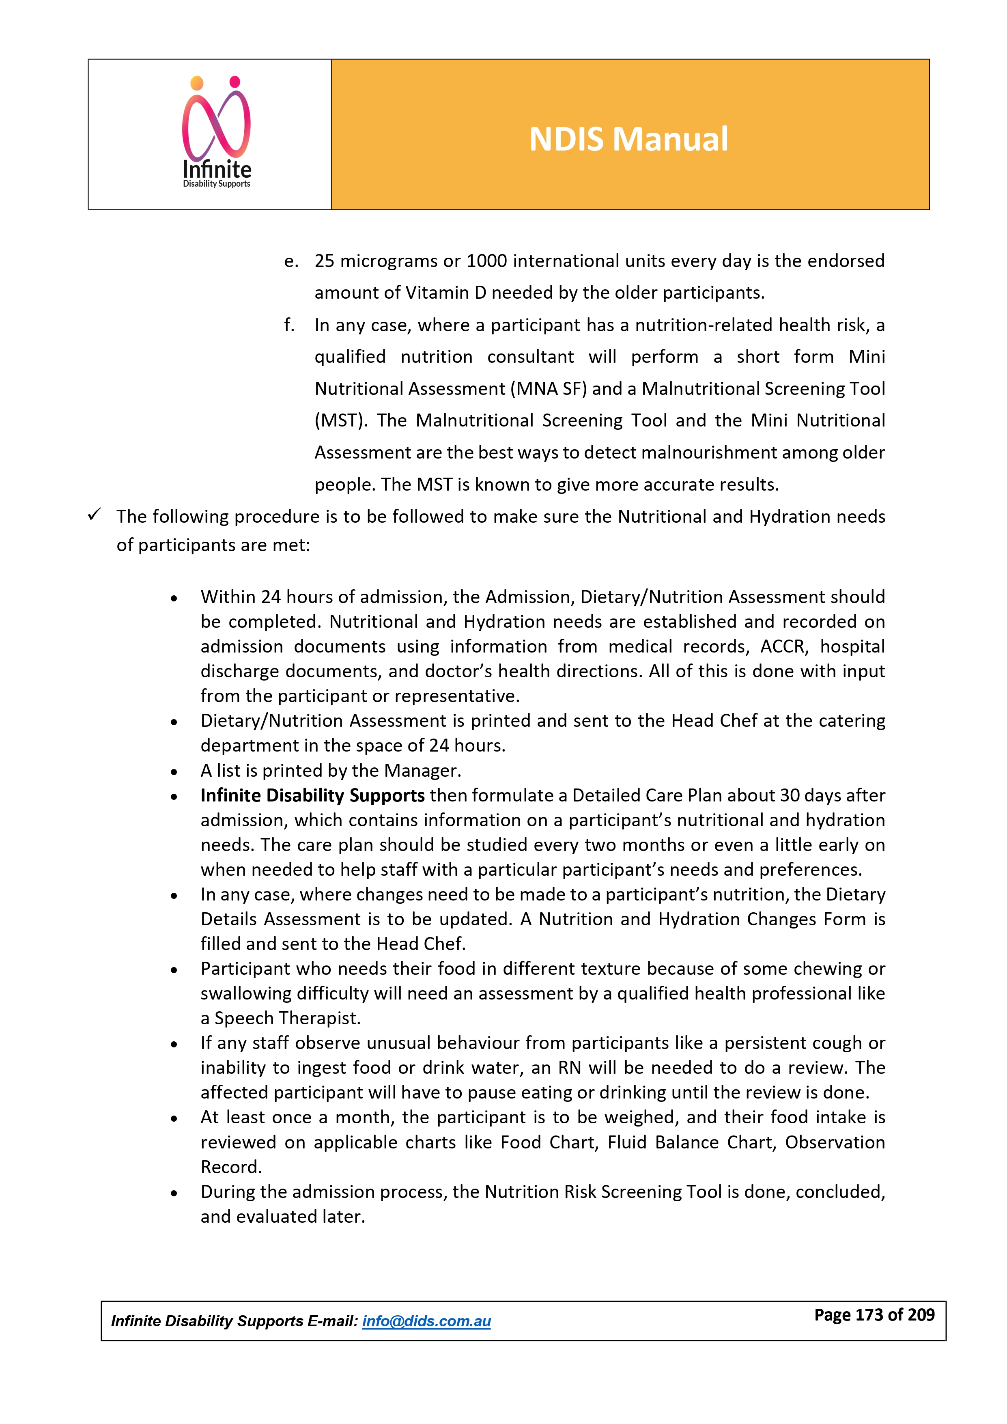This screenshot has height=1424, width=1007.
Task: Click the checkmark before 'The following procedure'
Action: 94,515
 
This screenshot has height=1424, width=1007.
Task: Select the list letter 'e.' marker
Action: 291,261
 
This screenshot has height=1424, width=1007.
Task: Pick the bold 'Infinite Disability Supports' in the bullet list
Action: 312,795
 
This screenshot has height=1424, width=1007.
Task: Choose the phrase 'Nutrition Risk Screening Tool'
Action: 603,1191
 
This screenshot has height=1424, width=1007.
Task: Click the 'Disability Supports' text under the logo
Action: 216,184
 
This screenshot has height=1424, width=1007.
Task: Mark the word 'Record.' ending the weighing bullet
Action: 231,1167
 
